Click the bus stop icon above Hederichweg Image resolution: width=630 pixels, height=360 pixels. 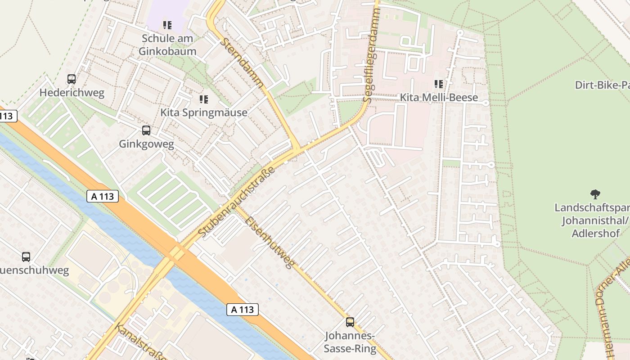tap(71, 79)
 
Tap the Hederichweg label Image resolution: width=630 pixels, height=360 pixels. tap(72, 93)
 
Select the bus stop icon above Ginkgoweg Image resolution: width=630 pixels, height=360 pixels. tap(146, 130)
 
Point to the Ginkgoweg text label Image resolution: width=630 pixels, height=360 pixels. tap(146, 144)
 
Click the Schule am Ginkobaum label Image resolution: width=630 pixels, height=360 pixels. tap(167, 45)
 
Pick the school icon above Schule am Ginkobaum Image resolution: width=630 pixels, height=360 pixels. tap(167, 25)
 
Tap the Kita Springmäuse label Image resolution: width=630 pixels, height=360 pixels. tap(204, 112)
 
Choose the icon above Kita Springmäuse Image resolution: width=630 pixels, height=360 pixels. tap(204, 99)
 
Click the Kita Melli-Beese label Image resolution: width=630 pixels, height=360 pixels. tap(439, 98)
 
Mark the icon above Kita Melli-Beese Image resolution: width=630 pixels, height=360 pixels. tap(439, 84)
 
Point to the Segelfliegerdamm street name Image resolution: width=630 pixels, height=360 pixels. tap(371, 52)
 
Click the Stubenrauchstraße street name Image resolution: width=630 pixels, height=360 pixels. tap(236, 202)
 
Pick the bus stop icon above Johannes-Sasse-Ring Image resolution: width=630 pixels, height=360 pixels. tap(350, 322)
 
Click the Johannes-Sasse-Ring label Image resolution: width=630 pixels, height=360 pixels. tap(350, 342)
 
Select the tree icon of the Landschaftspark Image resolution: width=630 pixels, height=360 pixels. tap(595, 194)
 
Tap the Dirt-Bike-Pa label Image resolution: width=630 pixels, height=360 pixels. tap(602, 85)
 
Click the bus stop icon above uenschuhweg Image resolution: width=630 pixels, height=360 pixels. tap(26, 257)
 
